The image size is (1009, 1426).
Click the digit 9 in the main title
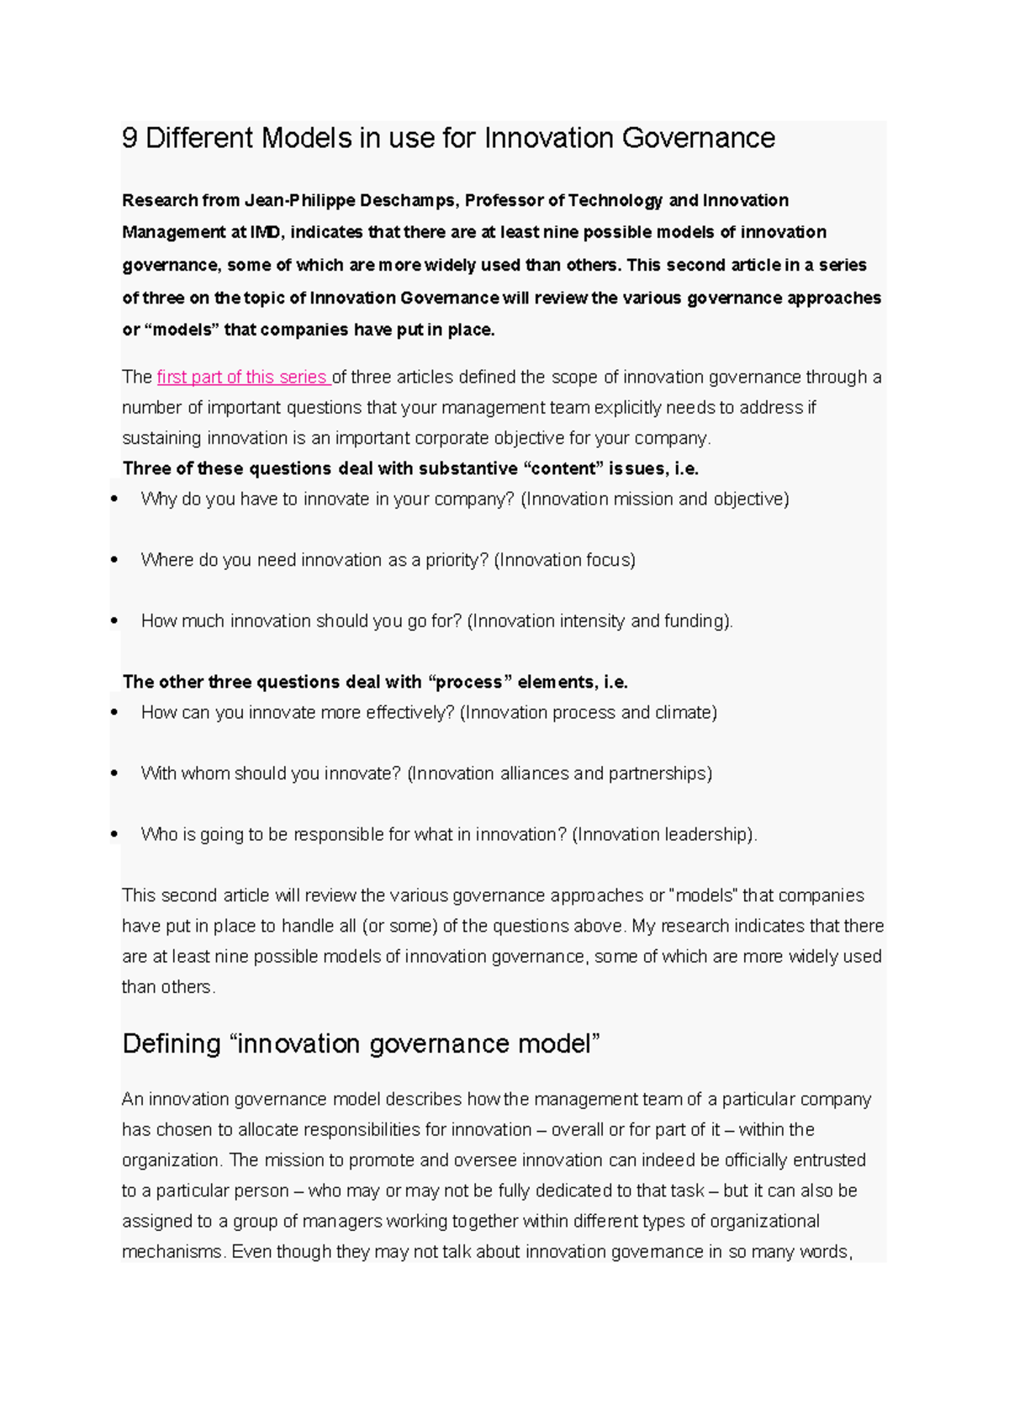coord(129,138)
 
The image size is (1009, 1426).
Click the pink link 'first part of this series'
coord(242,378)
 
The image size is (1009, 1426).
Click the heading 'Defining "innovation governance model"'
coord(361,1043)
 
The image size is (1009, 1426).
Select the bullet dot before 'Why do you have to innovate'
coord(114,499)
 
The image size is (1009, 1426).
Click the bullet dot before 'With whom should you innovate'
coord(114,774)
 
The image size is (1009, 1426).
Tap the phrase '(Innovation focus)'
coord(564,560)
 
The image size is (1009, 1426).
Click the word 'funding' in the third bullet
coord(695,621)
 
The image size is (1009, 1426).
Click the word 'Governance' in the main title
coord(698,138)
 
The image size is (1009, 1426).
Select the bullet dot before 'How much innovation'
coord(114,621)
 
